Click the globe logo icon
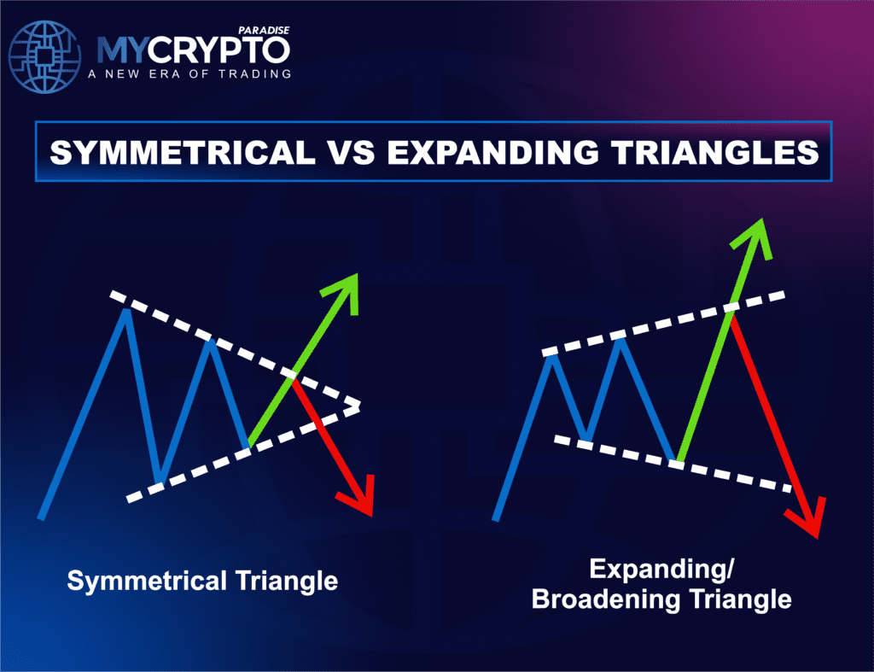pos(47,56)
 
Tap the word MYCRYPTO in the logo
pos(193,50)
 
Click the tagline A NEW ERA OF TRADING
pos(189,74)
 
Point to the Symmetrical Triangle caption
pos(202,581)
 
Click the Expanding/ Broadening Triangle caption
pos(661,584)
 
